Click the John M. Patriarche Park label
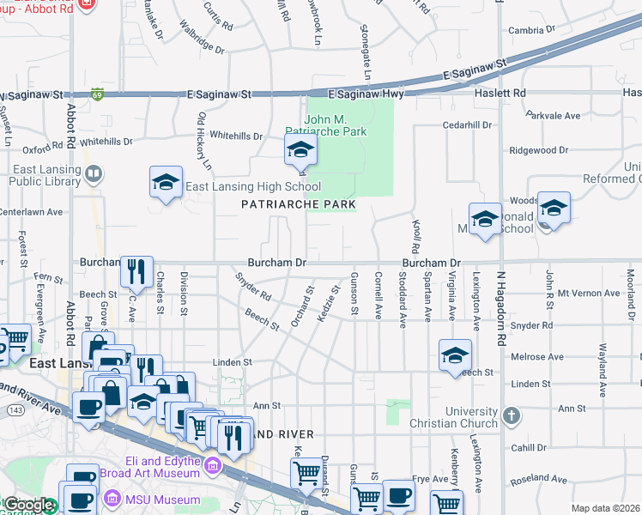click(336, 125)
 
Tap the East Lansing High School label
click(253, 186)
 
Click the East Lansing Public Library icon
click(94, 175)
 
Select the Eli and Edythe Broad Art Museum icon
click(212, 467)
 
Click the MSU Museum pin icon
click(111, 499)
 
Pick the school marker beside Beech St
click(455, 355)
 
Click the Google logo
click(28, 506)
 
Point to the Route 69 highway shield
click(99, 94)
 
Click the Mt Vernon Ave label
click(588, 293)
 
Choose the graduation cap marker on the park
click(300, 151)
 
